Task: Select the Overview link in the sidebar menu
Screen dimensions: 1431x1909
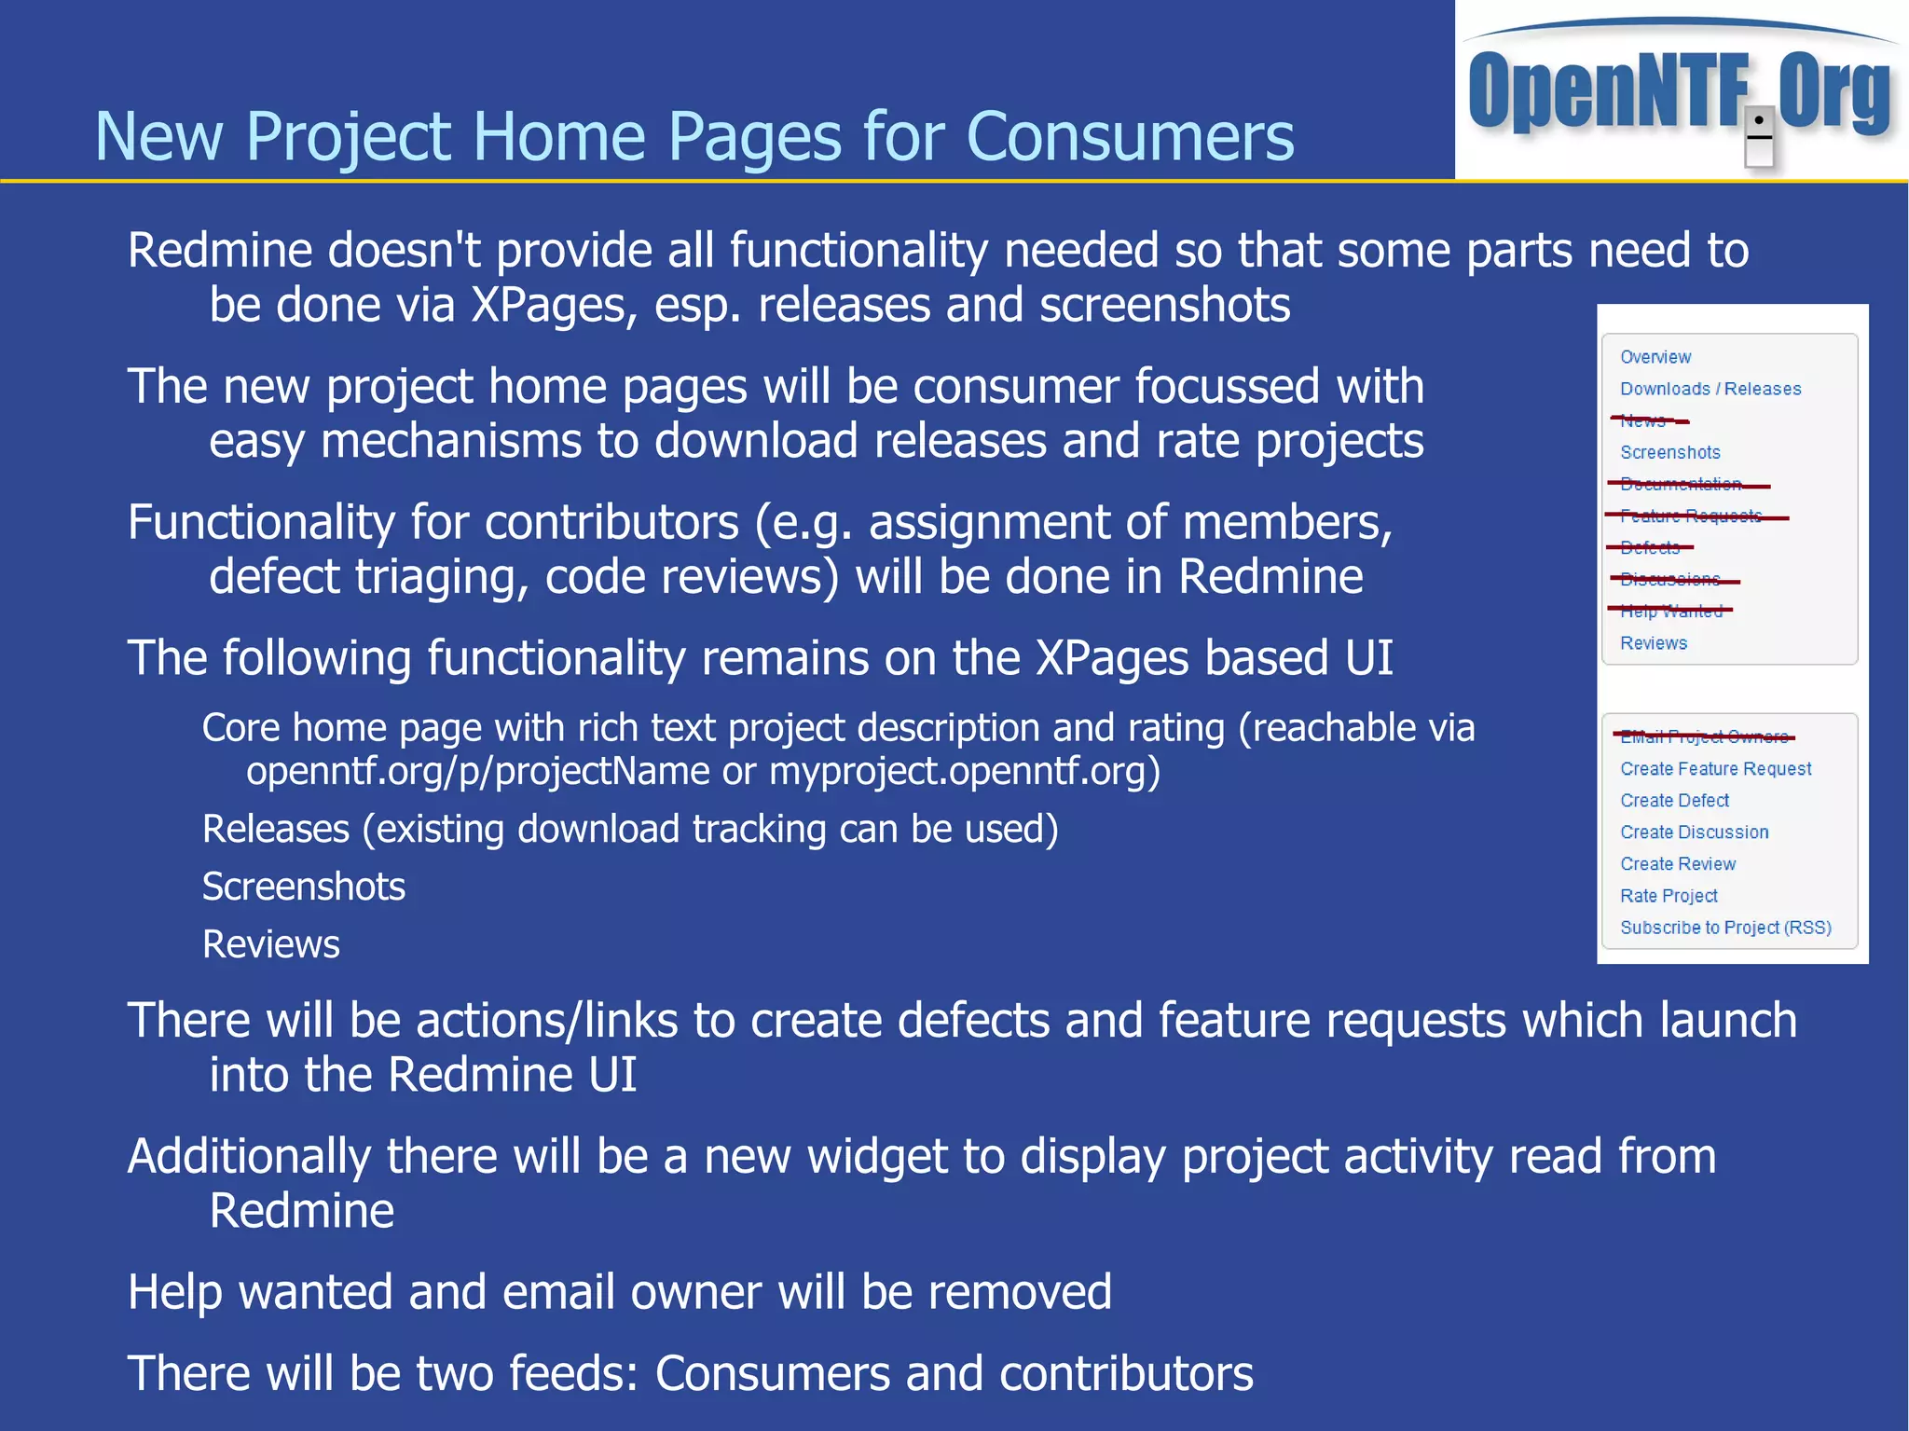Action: tap(1655, 357)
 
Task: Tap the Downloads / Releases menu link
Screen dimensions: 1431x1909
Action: tap(1710, 389)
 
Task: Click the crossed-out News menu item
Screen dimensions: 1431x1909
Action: tap(1644, 420)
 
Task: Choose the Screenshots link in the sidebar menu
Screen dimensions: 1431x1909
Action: tap(1669, 452)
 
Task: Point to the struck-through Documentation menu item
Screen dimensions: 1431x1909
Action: tap(1681, 484)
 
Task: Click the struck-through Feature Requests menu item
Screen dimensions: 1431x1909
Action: tap(1691, 516)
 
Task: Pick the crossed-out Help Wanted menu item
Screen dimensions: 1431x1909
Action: tap(1671, 612)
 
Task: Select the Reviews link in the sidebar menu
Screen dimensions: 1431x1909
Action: tap(1653, 643)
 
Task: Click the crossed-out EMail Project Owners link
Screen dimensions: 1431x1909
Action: tap(1704, 736)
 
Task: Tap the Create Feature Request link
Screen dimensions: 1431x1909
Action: tap(1715, 769)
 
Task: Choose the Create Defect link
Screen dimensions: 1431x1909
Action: tap(1674, 801)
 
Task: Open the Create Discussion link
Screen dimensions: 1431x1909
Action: tap(1694, 832)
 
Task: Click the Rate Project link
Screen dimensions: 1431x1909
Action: tap(1669, 896)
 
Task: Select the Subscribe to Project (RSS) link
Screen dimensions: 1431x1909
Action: tap(1725, 928)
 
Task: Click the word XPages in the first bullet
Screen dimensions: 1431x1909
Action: tap(554, 306)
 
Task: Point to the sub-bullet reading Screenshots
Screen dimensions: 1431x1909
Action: tap(304, 887)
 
